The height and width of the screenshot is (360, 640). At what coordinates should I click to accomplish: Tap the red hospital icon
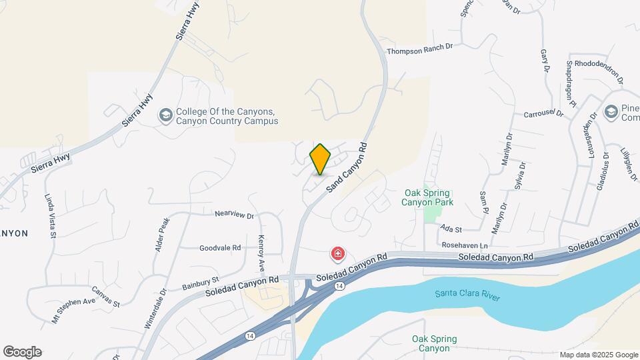(x=339, y=254)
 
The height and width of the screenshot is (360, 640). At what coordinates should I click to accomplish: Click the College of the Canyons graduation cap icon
(x=165, y=117)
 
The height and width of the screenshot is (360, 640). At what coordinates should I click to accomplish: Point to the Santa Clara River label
(x=467, y=295)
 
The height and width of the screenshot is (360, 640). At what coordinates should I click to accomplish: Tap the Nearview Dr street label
(x=235, y=215)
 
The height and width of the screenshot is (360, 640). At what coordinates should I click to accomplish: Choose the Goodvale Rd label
(x=220, y=248)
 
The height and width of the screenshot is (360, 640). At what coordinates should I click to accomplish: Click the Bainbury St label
(x=201, y=283)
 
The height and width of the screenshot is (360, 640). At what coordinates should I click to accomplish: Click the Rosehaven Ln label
(x=465, y=245)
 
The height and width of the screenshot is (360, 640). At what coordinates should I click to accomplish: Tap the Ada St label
(x=446, y=228)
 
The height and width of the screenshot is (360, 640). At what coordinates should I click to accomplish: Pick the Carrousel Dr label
(x=543, y=114)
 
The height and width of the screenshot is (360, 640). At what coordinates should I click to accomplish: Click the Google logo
(x=22, y=352)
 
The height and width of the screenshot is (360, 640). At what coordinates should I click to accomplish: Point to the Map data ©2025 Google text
(x=598, y=355)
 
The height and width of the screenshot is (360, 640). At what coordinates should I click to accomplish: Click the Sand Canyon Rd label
(x=347, y=168)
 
